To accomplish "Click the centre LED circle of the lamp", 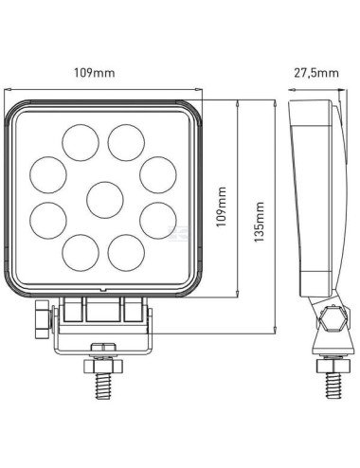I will coord(103,199).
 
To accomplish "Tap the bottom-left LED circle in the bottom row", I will coord(81,255).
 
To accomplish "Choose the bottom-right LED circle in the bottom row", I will coord(126,255).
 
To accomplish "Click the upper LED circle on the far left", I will coord(46,174).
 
